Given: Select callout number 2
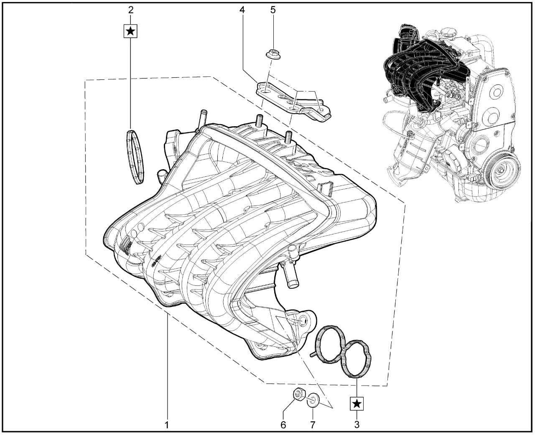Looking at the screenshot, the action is [x=130, y=10].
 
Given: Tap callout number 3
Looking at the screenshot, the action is [x=357, y=424].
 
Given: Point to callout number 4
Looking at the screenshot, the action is [x=242, y=10].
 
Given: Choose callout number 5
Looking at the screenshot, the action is [x=273, y=10].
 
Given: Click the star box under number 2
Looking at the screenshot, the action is [x=130, y=31].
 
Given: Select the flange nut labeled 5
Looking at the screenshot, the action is [x=273, y=53].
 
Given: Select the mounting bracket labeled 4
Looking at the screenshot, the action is [x=293, y=102].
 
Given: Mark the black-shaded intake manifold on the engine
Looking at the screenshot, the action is [x=425, y=63].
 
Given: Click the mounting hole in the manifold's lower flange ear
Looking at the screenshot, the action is [x=303, y=321].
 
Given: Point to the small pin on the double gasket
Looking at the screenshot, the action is [x=313, y=354].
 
